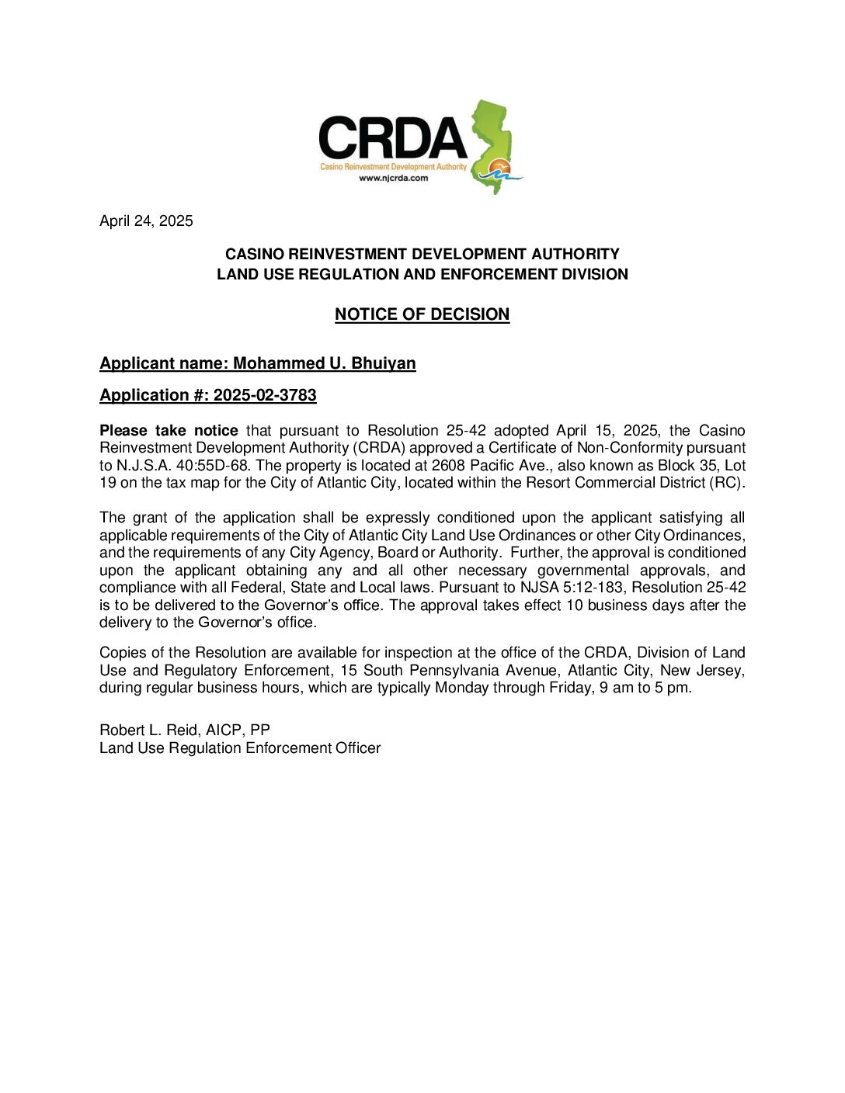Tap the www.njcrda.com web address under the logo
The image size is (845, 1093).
coord(393,178)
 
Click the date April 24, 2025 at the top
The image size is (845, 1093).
coord(146,221)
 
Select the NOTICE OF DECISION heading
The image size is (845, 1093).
coord(422,314)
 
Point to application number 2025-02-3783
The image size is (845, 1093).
coord(265,395)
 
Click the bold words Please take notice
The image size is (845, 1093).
coord(169,431)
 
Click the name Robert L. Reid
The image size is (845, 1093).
coord(148,730)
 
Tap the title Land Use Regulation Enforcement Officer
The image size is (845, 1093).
coord(240,748)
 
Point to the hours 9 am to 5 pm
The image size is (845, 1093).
coord(645,688)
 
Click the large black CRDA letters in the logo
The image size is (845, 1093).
coord(393,138)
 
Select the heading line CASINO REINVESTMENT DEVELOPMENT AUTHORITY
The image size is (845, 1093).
coord(422,254)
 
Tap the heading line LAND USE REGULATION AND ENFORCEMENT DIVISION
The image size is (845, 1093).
coord(422,274)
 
